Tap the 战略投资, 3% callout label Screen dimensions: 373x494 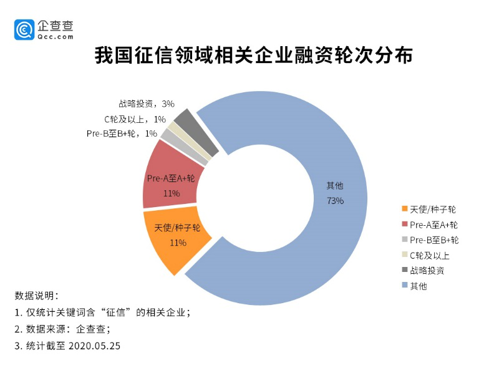[146, 104]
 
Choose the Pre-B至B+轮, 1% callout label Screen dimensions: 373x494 [122, 133]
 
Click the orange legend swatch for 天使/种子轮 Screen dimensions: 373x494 [405, 209]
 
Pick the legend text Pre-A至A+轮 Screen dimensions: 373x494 [434, 225]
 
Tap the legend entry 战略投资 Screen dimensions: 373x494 [427, 270]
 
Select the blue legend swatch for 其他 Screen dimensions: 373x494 [405, 286]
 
